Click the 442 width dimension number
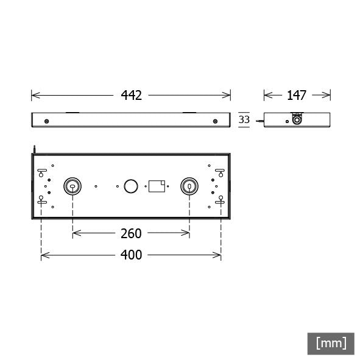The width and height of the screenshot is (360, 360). click(131, 95)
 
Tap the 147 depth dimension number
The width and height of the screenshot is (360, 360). click(297, 95)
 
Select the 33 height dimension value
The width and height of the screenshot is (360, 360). click(244, 120)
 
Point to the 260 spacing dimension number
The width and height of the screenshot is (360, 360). click(130, 233)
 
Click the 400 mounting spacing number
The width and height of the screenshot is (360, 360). click(130, 255)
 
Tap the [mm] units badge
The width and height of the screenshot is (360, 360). click(331, 343)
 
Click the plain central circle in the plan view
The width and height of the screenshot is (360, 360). click(131, 186)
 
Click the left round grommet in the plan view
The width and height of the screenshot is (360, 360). click(72, 186)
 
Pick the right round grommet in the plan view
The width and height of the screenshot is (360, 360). click(189, 186)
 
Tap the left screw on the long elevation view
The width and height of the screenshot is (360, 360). click(47, 121)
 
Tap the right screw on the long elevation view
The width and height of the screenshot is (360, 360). click(215, 121)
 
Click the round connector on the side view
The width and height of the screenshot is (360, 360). click(297, 120)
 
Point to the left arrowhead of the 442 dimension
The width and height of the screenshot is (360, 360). click(33, 95)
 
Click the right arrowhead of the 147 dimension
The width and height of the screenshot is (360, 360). click(328, 95)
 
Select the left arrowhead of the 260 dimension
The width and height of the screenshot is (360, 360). click(74, 233)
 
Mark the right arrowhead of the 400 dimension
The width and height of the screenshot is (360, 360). click(219, 255)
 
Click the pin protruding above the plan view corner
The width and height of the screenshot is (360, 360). click(35, 148)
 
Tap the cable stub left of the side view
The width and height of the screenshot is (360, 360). click(259, 121)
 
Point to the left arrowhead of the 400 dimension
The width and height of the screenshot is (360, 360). click(43, 255)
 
